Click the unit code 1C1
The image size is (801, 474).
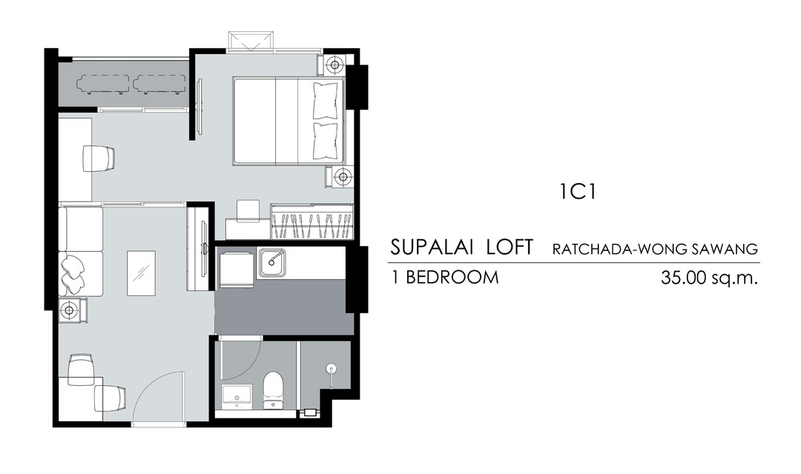point(578,192)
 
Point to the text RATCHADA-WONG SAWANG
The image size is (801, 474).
point(655,249)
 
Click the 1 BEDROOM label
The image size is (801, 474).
point(444,277)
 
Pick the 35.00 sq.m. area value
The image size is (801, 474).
point(709,278)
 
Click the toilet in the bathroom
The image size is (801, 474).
point(273,391)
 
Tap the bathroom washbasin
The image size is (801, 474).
point(237,397)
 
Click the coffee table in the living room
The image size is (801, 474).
point(141,273)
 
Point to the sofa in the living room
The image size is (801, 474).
point(81,251)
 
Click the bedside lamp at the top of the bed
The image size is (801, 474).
point(334,64)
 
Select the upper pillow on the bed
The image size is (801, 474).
point(326,101)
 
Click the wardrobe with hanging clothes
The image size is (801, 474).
point(311,221)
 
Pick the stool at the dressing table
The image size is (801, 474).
point(248,211)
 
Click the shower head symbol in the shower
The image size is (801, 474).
point(332,367)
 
